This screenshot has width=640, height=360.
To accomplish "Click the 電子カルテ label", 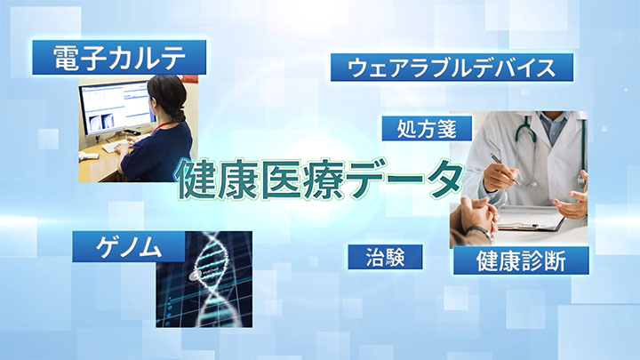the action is click(x=119, y=57).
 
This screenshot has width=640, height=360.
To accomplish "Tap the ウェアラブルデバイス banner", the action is click(x=452, y=68).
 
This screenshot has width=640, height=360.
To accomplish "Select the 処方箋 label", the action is click(x=427, y=129).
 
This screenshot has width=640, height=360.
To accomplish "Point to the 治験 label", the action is click(x=385, y=257).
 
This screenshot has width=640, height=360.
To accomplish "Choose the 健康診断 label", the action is click(x=521, y=260).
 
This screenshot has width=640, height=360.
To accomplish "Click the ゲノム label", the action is click(x=129, y=247).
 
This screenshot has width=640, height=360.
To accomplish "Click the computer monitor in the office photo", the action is click(x=117, y=108).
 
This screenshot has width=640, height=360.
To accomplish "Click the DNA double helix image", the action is click(x=204, y=279).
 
